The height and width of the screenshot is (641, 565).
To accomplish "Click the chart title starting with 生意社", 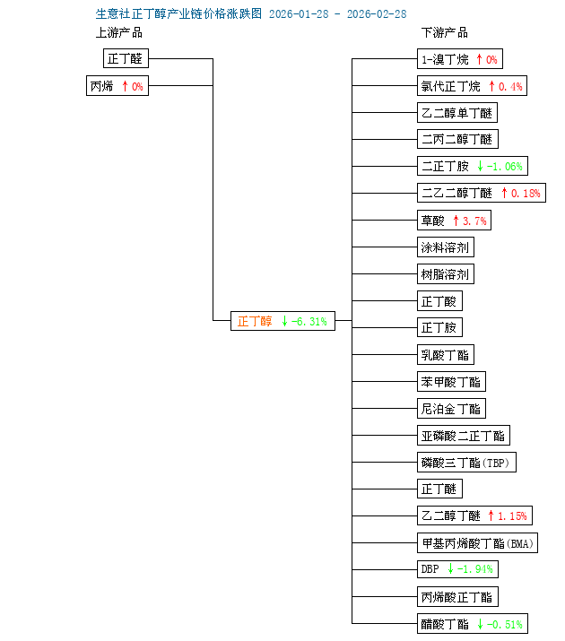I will (x=250, y=14).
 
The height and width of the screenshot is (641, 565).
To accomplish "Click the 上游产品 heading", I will (x=119, y=33).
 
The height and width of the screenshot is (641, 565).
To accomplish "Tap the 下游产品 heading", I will (x=445, y=33).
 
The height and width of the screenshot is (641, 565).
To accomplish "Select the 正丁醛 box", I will (x=126, y=59).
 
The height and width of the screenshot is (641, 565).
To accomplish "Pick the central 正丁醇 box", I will (x=282, y=321).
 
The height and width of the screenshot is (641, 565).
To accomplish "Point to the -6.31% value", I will (x=309, y=321).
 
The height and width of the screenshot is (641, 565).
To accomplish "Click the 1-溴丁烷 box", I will (x=459, y=60).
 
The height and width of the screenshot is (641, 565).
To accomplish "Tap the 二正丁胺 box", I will (x=471, y=167).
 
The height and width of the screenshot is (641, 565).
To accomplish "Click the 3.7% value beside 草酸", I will (x=476, y=221).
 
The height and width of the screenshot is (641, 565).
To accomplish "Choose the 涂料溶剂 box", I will (x=446, y=247).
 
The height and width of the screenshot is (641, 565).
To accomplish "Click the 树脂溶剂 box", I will (x=446, y=274).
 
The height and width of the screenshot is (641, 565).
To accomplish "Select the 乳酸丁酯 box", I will (x=446, y=355).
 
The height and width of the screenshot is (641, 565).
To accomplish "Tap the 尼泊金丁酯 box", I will (x=451, y=409).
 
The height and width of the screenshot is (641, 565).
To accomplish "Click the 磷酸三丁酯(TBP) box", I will (x=467, y=463).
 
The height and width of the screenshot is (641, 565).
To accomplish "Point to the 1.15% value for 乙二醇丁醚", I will (x=513, y=516).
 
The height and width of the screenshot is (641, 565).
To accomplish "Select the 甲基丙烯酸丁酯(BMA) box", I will (x=477, y=543).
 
